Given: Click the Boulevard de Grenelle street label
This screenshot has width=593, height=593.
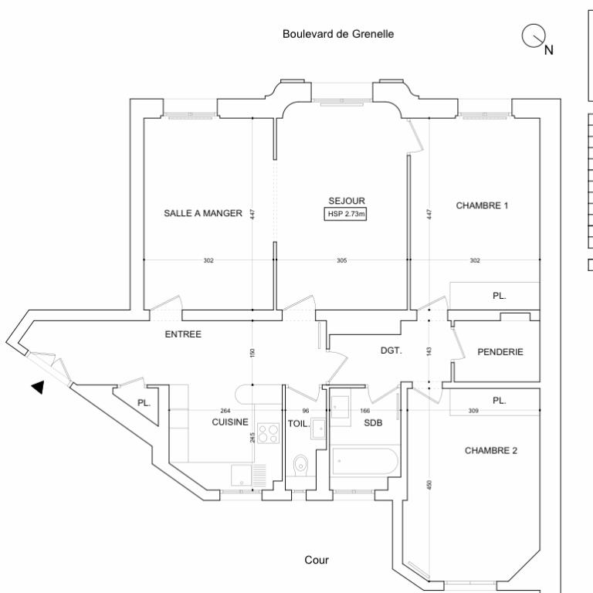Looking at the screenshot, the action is coord(338,34).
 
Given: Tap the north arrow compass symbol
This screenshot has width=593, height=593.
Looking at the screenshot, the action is coord(534,37).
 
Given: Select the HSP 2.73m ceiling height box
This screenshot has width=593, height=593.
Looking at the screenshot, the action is coord(345,214).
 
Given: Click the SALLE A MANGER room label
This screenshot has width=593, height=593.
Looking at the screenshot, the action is coord(203,213).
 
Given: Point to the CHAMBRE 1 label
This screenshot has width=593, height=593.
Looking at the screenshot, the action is coord(482,205).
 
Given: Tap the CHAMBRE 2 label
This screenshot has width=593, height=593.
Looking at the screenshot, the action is coord(491,450).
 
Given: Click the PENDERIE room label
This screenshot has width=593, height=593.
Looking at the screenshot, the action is coord(500,352).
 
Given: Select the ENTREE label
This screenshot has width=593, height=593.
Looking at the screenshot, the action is coord(183,334).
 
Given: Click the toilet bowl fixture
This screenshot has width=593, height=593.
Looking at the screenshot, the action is coord(300,464).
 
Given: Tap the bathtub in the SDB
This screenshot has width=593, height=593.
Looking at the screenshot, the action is coord(365,461).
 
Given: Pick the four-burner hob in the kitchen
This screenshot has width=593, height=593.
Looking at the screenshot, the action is coord(268,433).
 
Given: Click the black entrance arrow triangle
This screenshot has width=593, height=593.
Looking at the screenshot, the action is coord(38,388).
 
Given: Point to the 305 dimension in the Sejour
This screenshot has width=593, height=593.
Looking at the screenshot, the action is coord(341,260).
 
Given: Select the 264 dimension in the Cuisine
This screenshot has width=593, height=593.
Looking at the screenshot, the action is coord(225,411).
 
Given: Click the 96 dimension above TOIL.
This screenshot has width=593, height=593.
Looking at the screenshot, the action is coord(306,411).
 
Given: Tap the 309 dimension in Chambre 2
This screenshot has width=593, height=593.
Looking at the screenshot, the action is coord(473,410).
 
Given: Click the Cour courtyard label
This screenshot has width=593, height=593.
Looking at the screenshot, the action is coord(317,560).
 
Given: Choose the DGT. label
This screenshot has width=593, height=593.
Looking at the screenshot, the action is coord(391,351).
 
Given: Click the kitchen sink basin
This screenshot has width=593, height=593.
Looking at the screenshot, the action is coord(241,476).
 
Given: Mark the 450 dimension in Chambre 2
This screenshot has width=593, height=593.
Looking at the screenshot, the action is coord(429,484).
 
